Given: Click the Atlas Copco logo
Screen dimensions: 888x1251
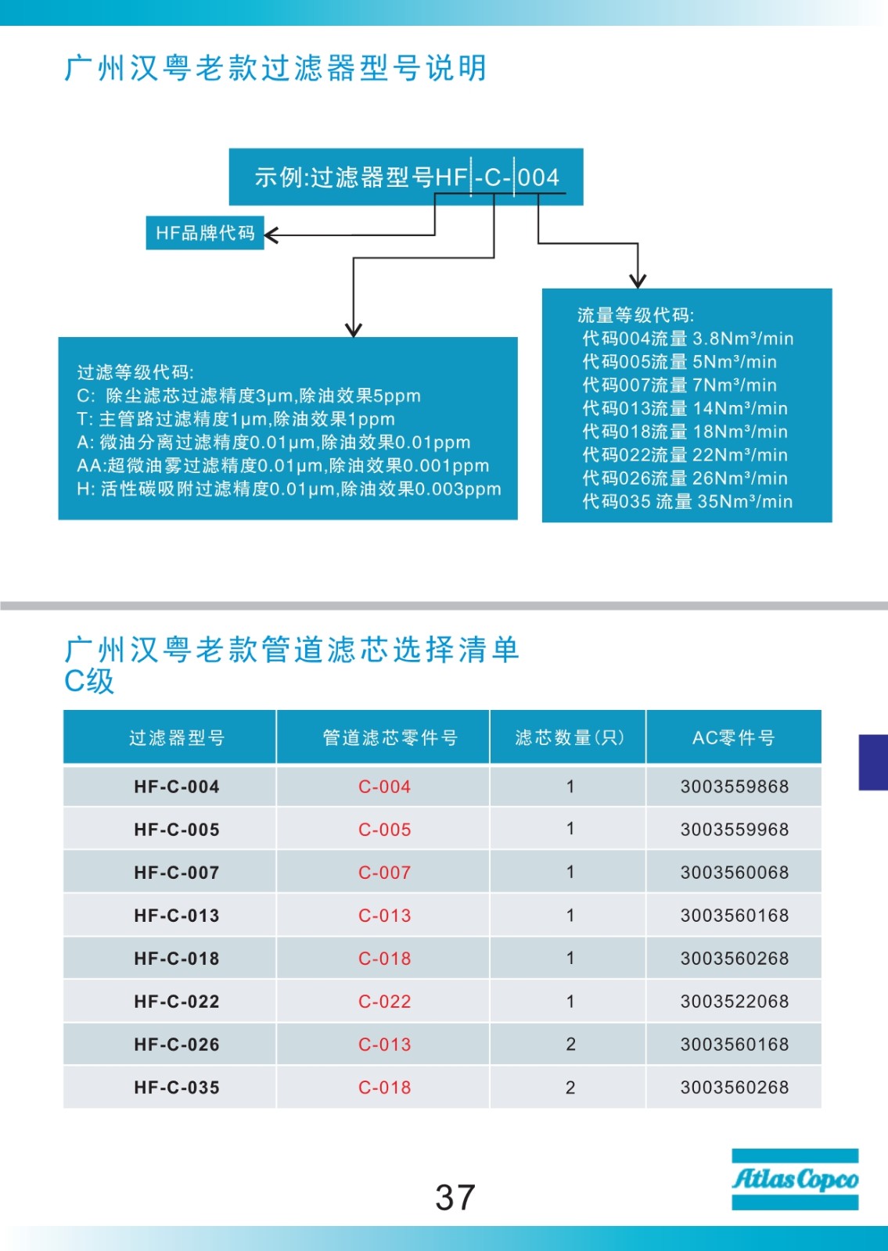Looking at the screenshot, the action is (x=795, y=1179).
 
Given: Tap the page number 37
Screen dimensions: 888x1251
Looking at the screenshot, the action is (x=455, y=1197).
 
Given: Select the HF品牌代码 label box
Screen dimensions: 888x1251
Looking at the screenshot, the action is (x=204, y=233).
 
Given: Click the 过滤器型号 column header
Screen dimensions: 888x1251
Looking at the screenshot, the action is (x=177, y=738).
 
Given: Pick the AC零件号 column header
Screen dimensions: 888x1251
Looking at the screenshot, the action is (x=733, y=738).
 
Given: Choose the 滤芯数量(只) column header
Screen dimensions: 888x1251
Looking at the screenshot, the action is (x=570, y=738).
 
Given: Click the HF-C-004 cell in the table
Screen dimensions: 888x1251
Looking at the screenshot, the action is (x=177, y=787).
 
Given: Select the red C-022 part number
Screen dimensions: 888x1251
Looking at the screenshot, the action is (x=384, y=1002).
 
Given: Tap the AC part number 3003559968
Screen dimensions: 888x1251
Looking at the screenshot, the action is (x=735, y=830).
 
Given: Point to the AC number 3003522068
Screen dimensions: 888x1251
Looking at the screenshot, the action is (x=735, y=1002).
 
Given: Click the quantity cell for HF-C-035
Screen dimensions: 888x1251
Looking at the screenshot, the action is (x=570, y=1088).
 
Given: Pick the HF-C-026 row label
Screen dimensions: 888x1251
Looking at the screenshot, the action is (x=177, y=1045).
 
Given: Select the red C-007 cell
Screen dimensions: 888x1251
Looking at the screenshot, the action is (x=384, y=873).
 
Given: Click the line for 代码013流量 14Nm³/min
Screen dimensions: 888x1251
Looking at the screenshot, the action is (x=685, y=408).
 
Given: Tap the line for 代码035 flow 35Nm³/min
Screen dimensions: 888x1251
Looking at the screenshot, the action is (x=688, y=501).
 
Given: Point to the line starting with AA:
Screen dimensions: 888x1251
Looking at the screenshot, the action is (x=282, y=465).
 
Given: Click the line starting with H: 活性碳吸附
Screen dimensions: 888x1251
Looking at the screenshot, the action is (x=289, y=489).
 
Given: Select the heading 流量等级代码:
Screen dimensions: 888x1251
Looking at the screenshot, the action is (x=635, y=315).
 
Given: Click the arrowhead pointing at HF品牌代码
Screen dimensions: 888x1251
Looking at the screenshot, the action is (x=271, y=235).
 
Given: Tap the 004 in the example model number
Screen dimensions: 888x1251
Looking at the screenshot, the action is (x=538, y=177).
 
